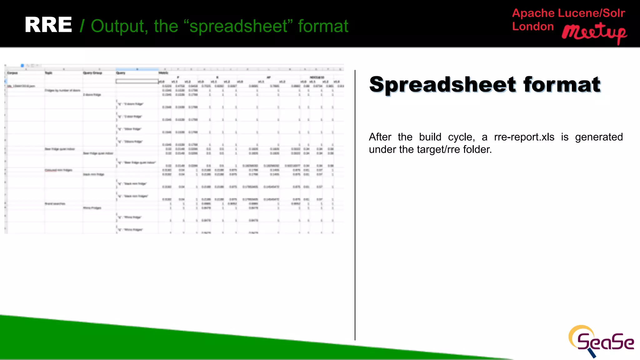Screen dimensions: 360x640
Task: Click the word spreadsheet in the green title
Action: coord(238,26)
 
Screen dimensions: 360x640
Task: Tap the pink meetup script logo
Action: coord(594,33)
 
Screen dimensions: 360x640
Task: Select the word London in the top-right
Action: coord(533,27)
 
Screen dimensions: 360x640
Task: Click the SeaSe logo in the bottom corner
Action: coord(601,341)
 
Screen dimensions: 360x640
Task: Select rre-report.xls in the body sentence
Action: coord(524,137)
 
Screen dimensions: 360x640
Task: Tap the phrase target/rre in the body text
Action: coord(439,149)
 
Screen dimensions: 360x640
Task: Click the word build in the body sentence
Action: coord(430,137)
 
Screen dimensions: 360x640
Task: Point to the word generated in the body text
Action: coord(599,137)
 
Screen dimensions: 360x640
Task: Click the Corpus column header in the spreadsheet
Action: coord(12,73)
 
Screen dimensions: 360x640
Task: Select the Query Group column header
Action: coord(92,73)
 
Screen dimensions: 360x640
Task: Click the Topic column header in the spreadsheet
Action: coord(48,73)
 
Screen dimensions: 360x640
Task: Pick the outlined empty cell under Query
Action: coord(137,81)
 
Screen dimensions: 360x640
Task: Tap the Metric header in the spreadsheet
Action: coord(163,73)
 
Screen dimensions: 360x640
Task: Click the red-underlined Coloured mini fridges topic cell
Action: coord(58,170)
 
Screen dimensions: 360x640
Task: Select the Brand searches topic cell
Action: coord(55,204)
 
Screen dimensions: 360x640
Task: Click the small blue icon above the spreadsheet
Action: coord(22,66)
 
